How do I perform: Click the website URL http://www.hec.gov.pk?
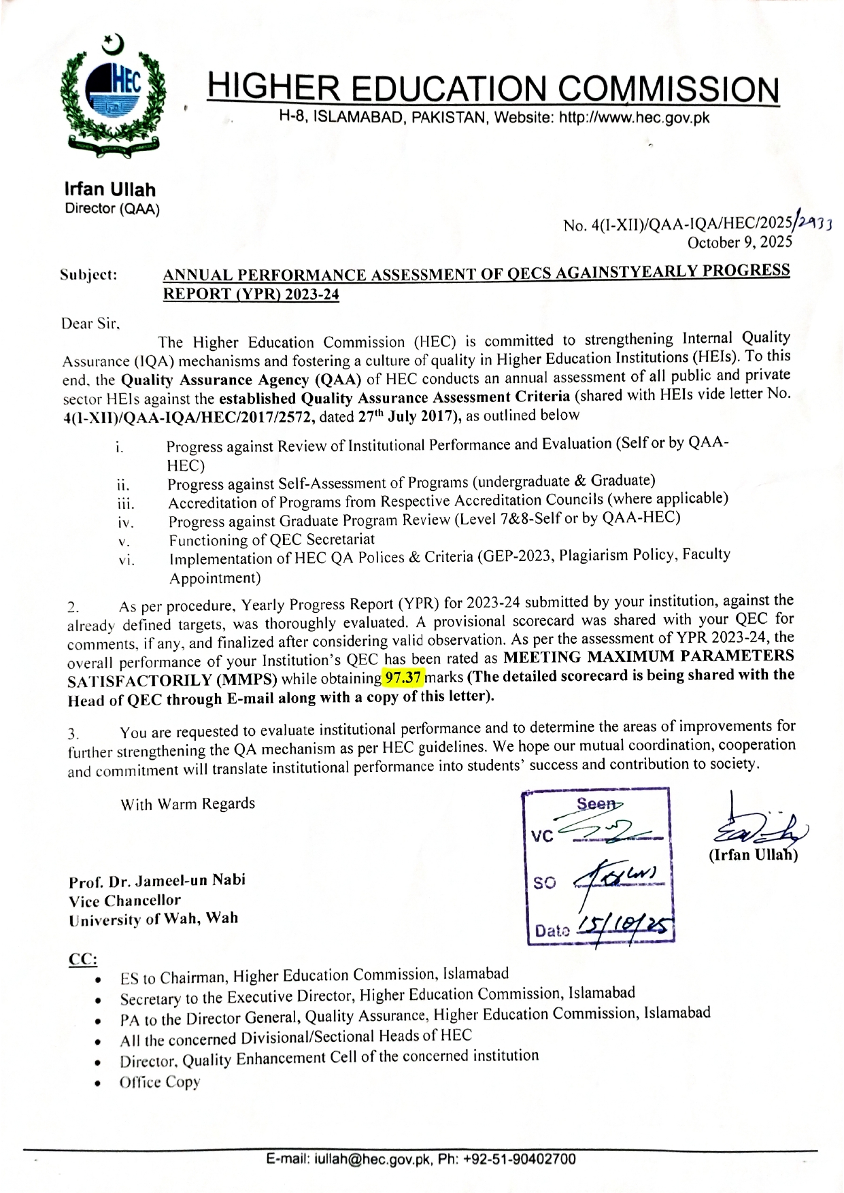point(634,118)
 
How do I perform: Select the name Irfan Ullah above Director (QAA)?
point(110,190)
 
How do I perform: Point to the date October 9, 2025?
point(740,242)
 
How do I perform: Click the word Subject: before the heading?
point(88,275)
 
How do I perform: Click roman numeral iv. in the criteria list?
point(126,523)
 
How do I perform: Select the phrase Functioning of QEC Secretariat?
point(272,540)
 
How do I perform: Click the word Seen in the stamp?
point(595,804)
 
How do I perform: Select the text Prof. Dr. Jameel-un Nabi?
point(157,881)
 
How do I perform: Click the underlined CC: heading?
point(83,960)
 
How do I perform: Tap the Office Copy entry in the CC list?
point(160,1082)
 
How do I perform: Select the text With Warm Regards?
point(188,804)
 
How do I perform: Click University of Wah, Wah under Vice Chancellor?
point(154,919)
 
